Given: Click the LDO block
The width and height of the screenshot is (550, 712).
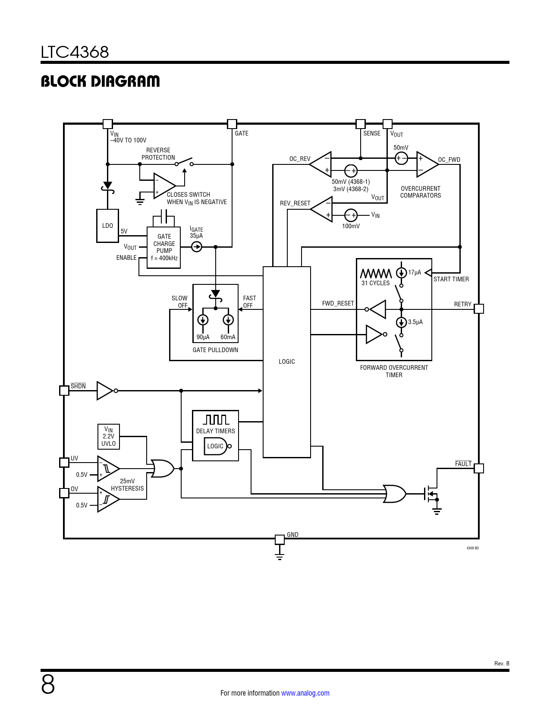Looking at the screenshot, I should (107, 226).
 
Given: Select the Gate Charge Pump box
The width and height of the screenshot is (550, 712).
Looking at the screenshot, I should (164, 248).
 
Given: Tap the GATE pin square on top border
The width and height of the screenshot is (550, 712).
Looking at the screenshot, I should (232, 124).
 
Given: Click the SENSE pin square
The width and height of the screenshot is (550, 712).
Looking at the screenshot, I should (361, 124).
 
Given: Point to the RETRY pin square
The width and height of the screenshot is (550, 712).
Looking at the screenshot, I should (479, 309).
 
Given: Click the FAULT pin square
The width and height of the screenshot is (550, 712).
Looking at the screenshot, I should (479, 468).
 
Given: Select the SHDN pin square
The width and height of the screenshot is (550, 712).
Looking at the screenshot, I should (64, 391).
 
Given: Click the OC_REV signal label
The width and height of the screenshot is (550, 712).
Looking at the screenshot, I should (300, 159).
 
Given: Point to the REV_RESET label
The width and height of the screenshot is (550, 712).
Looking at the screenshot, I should (295, 203).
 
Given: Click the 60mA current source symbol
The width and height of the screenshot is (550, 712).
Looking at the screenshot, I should (228, 320).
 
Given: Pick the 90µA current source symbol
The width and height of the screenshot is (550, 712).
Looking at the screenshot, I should (203, 320).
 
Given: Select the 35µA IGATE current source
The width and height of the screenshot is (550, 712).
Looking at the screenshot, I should (197, 247).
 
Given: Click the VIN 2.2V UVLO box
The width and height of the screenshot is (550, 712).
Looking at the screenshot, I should (109, 437).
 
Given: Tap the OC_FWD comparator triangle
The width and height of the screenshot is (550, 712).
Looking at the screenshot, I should (427, 164).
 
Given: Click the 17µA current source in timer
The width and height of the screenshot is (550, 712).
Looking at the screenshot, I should (401, 273).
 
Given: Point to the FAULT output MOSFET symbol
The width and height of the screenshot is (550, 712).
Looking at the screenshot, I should (431, 494).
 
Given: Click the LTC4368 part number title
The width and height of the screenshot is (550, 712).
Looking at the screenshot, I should (75, 52).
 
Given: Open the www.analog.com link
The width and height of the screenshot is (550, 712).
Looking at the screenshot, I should (305, 693).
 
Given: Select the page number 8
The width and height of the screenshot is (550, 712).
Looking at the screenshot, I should (48, 684).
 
